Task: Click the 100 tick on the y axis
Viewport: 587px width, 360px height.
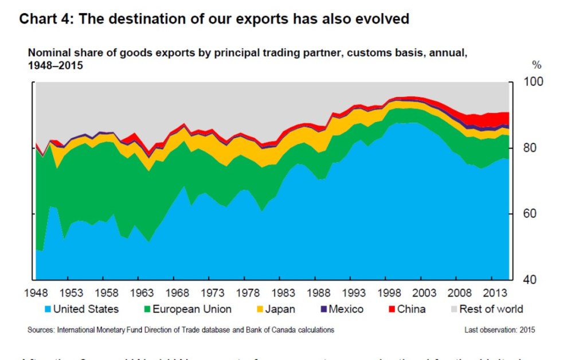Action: tap(533, 82)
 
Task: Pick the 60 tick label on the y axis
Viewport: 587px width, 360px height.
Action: tap(530, 214)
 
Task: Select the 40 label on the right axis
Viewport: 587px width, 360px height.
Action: tap(530, 280)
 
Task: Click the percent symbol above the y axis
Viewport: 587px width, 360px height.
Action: tap(537, 64)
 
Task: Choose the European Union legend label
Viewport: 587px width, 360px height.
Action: tap(192, 310)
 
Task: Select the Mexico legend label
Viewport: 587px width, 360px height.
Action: tap(346, 310)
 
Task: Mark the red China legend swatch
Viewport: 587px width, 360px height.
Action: tap(392, 310)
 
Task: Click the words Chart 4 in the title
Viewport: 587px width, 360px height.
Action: tap(45, 19)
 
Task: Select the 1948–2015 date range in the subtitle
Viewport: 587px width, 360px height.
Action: tap(56, 65)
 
